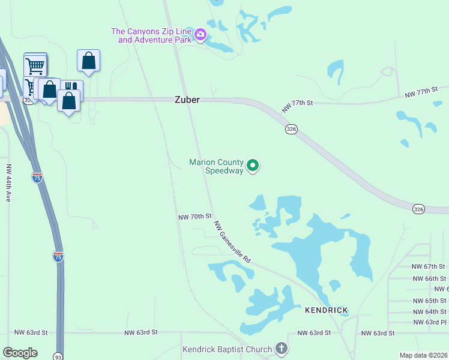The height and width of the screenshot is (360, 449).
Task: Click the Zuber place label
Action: (187, 100)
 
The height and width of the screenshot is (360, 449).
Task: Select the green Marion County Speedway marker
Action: (253, 165)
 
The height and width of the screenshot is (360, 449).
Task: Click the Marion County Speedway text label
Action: (216, 166)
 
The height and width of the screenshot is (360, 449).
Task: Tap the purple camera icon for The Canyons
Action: (200, 35)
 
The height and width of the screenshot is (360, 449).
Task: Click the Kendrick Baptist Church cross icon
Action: (281, 349)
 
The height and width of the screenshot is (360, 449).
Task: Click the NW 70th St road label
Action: (195, 216)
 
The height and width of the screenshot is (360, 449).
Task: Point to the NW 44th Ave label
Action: (8, 182)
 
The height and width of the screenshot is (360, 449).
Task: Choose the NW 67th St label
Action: (429, 266)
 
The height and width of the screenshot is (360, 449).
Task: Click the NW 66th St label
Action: (429, 278)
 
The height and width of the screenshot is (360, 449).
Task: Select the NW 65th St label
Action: (429, 301)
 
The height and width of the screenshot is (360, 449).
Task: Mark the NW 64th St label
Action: (429, 311)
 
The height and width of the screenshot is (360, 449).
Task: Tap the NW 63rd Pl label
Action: (429, 322)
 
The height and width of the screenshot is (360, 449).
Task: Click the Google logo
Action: (20, 353)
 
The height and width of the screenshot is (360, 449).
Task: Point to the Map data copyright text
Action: (423, 355)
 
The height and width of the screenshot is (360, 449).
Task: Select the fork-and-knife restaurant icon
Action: (70, 87)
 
